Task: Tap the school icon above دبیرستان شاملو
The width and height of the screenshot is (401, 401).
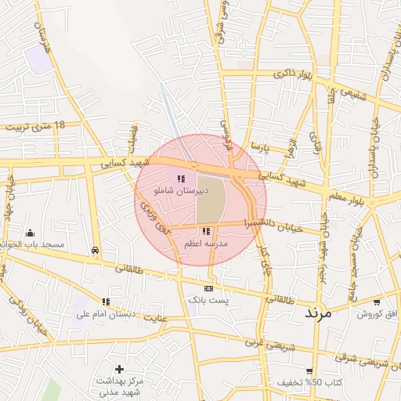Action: (181, 179)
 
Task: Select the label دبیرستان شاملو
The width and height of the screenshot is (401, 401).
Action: (182, 191)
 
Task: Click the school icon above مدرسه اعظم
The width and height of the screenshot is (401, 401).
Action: (206, 231)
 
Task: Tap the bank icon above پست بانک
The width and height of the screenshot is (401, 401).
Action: (208, 288)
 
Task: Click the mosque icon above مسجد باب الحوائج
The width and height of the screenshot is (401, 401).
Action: (30, 233)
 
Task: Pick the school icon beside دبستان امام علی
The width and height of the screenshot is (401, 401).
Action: (105, 302)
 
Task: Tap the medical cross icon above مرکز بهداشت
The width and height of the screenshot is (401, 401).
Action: (119, 369)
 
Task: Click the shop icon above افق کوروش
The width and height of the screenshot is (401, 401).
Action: (377, 302)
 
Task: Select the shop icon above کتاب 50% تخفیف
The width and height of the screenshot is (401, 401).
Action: (310, 371)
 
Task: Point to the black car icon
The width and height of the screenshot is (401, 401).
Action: (95, 251)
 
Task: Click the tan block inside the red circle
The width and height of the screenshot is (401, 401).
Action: (210, 200)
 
